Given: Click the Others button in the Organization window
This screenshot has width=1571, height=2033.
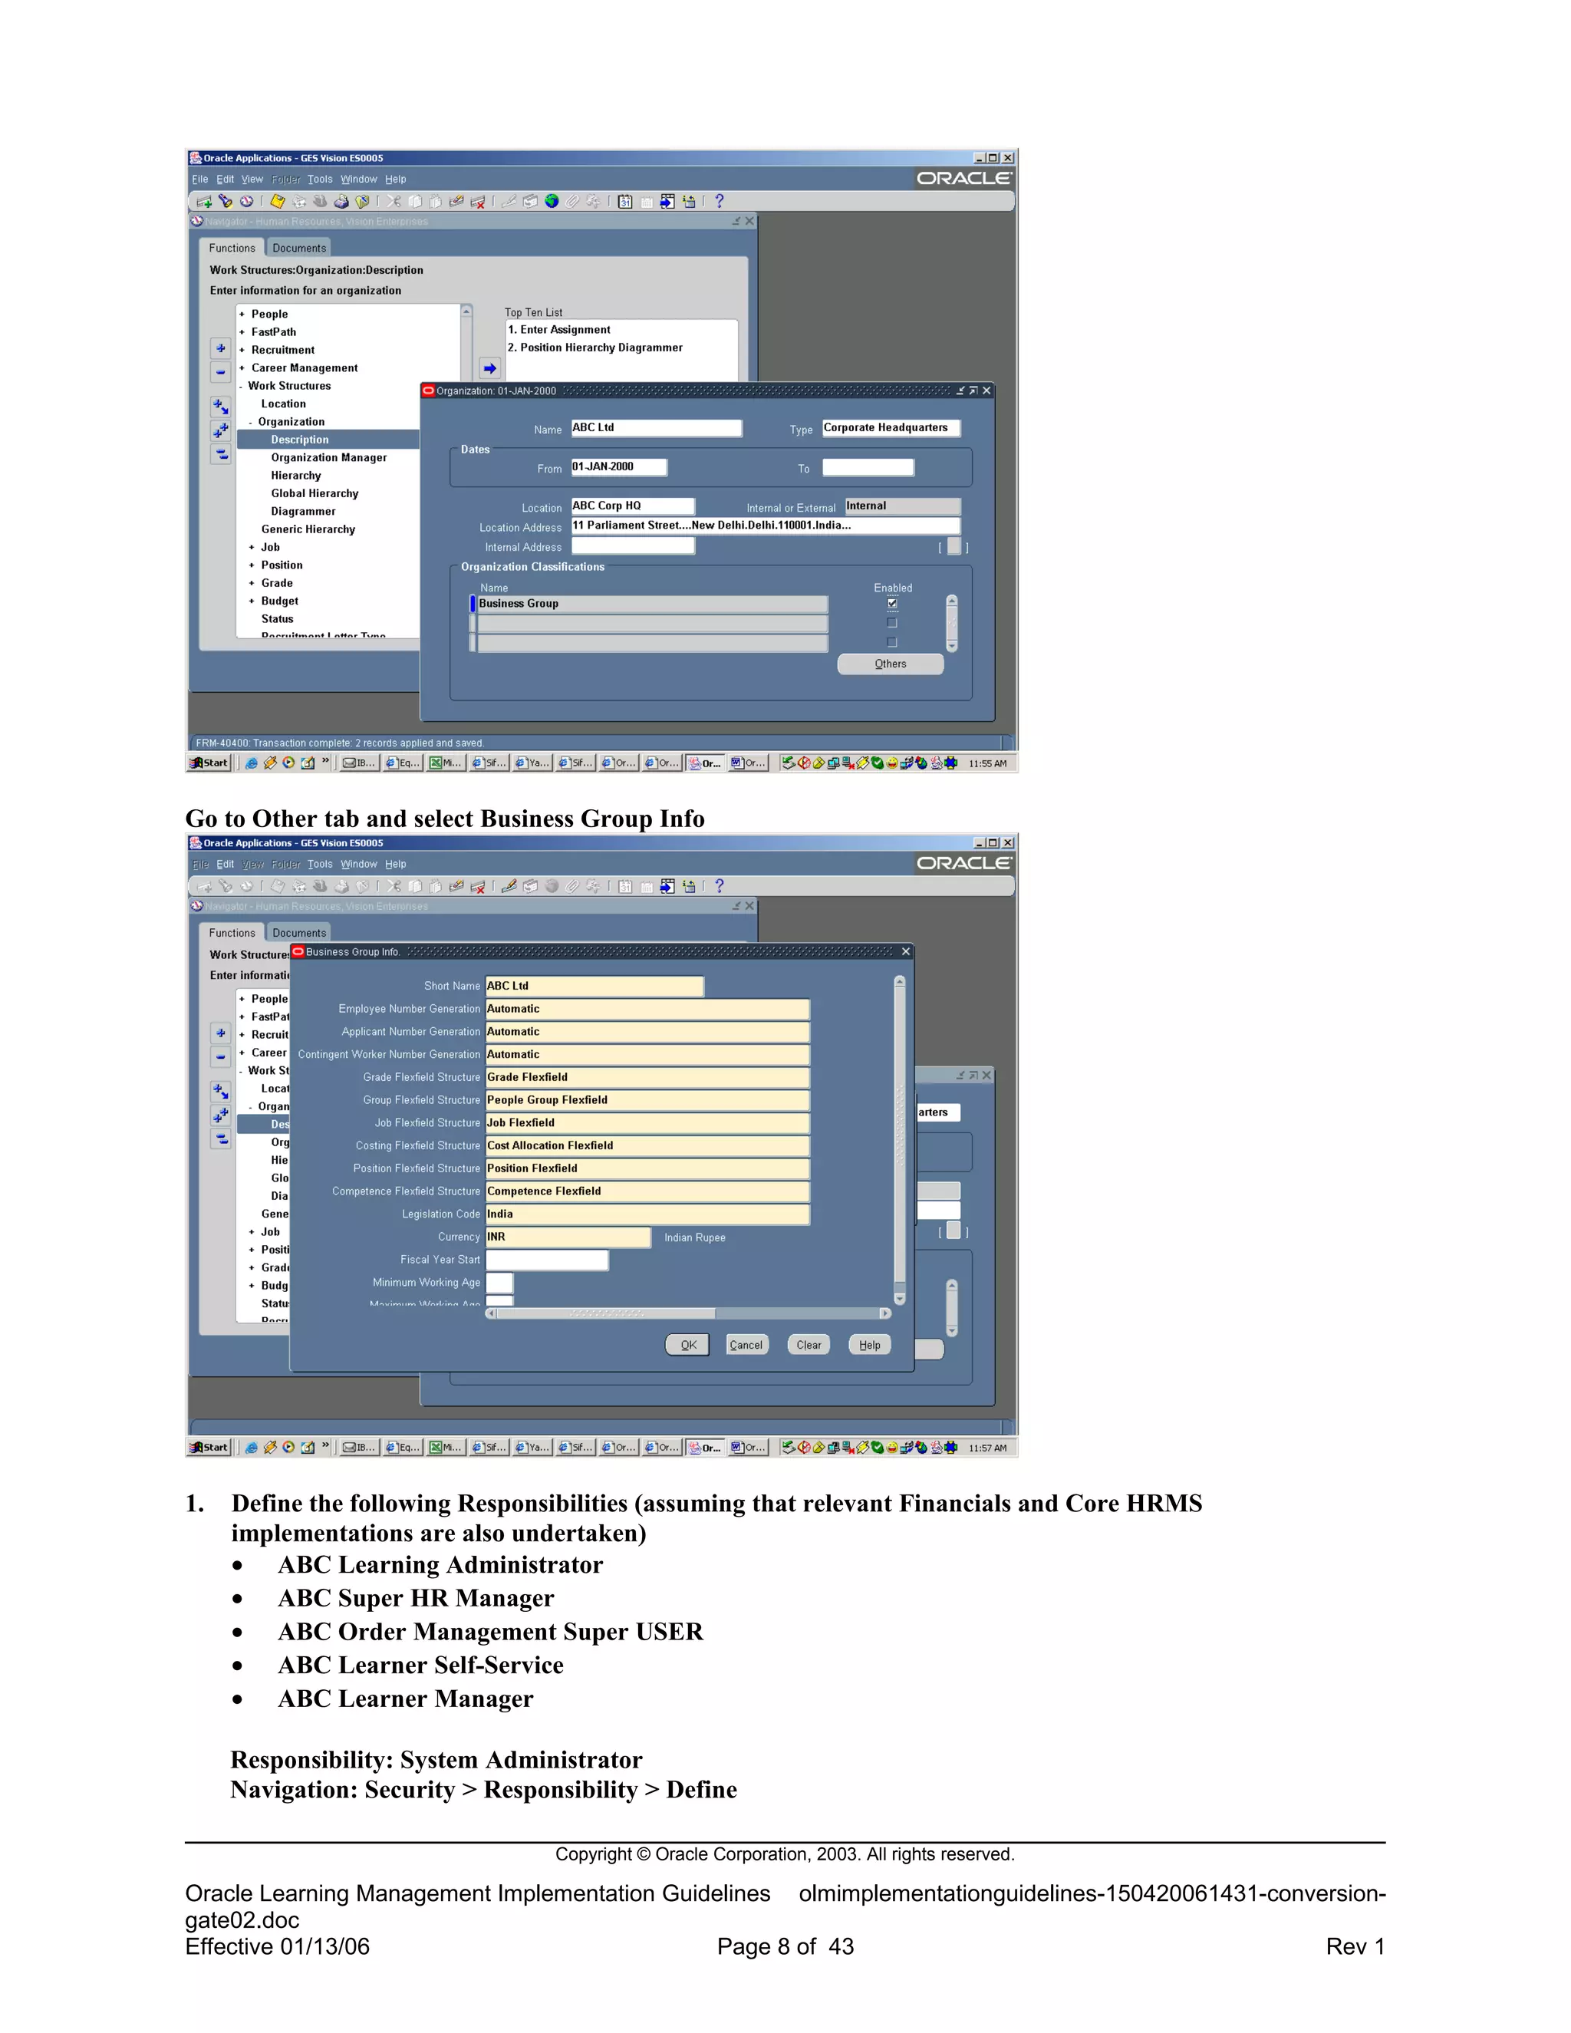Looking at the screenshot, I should [x=890, y=664].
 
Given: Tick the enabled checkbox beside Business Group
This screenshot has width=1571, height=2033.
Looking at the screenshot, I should [x=891, y=603].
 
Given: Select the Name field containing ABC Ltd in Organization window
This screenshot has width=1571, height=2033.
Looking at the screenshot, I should [x=656, y=428].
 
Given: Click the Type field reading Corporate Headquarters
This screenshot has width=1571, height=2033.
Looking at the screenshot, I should [x=891, y=428].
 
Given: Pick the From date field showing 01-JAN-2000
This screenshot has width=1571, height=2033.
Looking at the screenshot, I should [x=619, y=467].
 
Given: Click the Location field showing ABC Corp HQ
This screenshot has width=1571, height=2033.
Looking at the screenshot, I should [x=633, y=506].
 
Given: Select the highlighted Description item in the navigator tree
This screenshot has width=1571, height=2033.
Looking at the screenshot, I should [x=300, y=440].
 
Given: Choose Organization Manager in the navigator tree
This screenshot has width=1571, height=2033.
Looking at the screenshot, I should [x=328, y=458].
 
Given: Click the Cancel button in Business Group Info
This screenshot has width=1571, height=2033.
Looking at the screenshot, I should [x=746, y=1345].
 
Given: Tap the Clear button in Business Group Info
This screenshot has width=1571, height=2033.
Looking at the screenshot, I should [x=809, y=1345].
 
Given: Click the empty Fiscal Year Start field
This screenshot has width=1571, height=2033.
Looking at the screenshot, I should [x=547, y=1260].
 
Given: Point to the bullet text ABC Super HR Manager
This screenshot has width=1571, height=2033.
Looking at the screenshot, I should [x=416, y=1598].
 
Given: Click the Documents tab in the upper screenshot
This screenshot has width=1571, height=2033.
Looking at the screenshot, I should [x=298, y=249].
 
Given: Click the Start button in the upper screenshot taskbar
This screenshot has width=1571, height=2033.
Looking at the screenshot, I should [x=209, y=763].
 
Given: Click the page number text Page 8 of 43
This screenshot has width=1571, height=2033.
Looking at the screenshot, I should [x=785, y=1946].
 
